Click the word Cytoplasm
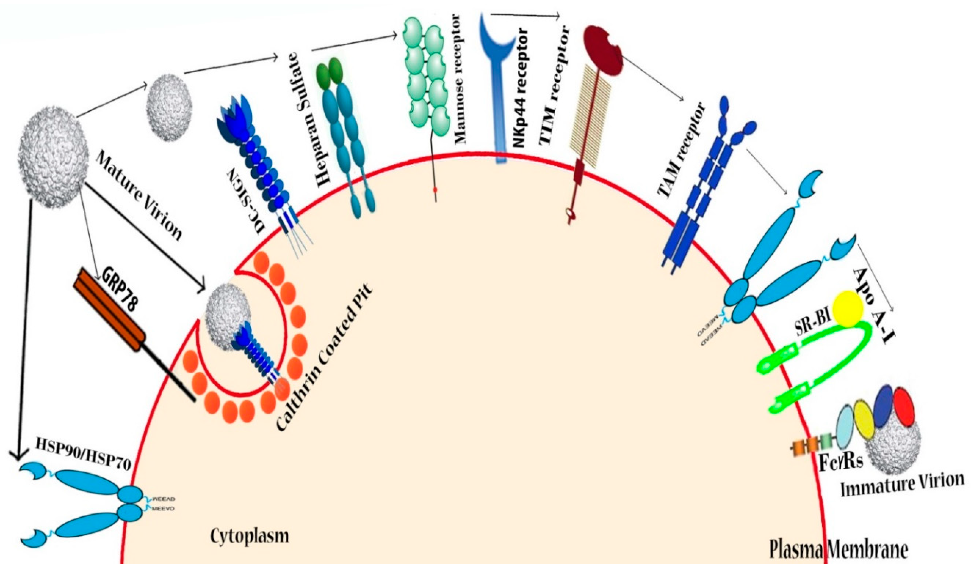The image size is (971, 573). coord(249,537)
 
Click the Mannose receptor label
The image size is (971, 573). coord(460,79)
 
